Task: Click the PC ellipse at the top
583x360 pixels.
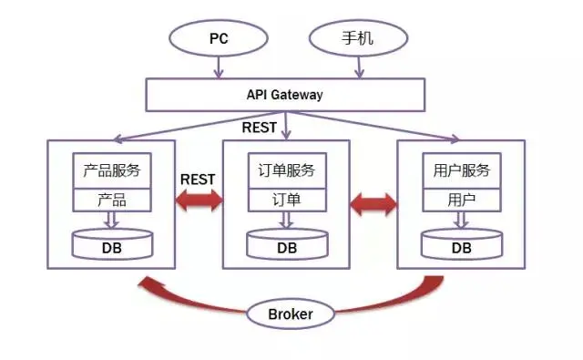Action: coord(218,39)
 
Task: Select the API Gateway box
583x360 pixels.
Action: coord(285,94)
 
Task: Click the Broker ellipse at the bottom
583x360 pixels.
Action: coord(291,314)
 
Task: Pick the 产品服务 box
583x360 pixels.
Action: coord(112,170)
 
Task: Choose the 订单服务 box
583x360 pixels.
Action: coord(286,170)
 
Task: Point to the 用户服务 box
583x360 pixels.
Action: coord(462,170)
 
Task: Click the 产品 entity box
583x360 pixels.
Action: coord(112,200)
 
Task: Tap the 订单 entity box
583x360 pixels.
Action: coord(286,200)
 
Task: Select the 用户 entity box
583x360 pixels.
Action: coord(462,200)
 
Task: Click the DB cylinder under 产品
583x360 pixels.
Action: coord(112,245)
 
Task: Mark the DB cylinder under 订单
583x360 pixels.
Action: coord(287,245)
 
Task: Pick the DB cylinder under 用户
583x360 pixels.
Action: coord(462,245)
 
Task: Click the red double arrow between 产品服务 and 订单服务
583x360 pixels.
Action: coord(199,201)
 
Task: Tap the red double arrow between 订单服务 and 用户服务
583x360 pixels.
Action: coord(373,201)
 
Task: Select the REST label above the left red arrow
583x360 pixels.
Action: coord(199,179)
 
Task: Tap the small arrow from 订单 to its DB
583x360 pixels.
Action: coord(286,220)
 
